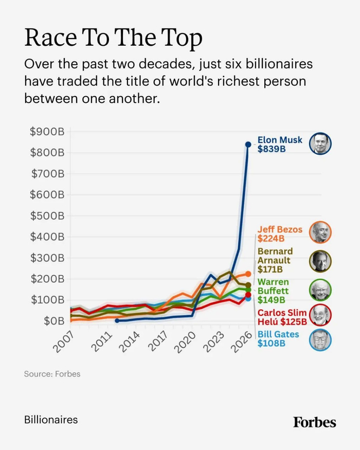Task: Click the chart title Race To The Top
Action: tap(113, 39)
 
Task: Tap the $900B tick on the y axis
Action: tap(47, 132)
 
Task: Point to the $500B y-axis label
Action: tap(47, 216)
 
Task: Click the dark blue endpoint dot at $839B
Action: tap(248, 145)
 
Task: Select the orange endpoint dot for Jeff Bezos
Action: tap(248, 274)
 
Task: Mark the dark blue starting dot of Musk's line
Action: tap(117, 320)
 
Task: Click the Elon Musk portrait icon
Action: tap(320, 144)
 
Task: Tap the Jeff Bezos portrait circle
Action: tap(320, 232)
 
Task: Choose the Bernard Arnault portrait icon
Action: tap(320, 261)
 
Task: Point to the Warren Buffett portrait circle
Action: tap(320, 290)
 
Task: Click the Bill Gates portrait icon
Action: tap(320, 340)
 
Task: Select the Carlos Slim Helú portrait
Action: tap(320, 315)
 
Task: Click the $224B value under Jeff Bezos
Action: tap(271, 238)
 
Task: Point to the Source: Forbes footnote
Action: tap(52, 374)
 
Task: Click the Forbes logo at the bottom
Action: tap(314, 422)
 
